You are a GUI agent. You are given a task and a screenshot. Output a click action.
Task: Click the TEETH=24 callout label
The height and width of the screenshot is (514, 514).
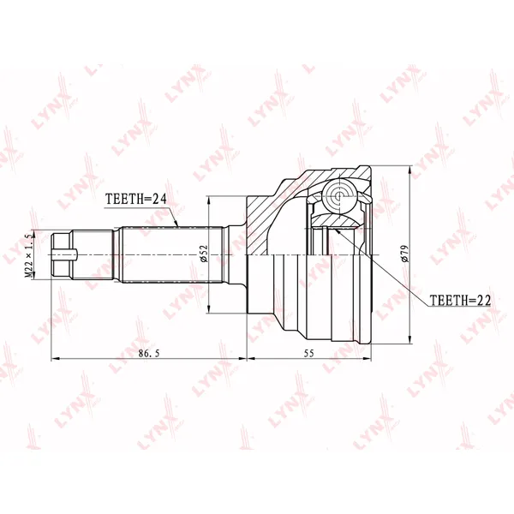[x=136, y=199]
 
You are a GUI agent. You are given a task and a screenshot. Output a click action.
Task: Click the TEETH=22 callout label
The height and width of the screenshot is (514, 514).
[x=460, y=300]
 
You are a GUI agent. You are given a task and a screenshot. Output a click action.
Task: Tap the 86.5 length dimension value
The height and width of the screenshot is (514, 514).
[x=149, y=353]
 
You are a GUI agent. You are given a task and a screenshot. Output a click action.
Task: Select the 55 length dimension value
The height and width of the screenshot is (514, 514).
[x=308, y=353]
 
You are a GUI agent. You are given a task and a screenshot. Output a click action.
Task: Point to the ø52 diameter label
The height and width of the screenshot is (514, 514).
[x=204, y=254]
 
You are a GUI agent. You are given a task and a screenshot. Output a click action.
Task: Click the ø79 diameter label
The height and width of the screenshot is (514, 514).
[x=404, y=254]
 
